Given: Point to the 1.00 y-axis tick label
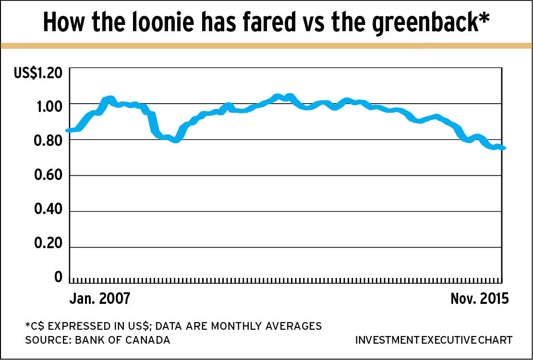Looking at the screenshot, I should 49,105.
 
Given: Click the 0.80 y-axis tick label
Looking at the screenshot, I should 49,141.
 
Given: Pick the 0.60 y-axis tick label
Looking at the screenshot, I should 49,176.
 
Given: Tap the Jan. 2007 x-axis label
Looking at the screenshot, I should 99,299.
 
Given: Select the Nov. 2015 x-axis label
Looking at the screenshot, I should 479,299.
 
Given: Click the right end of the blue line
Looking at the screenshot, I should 504,148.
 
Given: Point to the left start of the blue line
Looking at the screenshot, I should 68,130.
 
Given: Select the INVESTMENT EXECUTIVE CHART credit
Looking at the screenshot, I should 434,340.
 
